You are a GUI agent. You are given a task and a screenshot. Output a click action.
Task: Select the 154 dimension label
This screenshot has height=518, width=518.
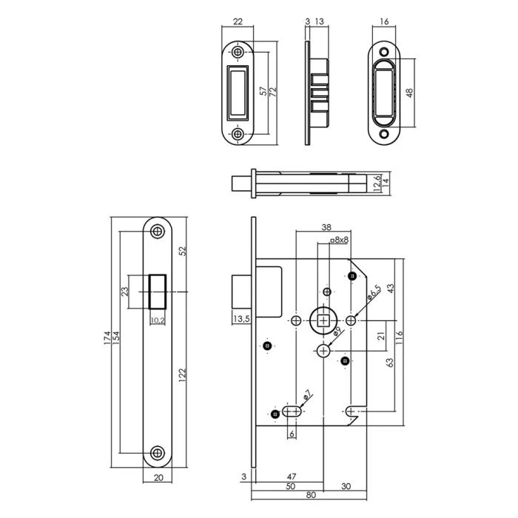tap(117, 341)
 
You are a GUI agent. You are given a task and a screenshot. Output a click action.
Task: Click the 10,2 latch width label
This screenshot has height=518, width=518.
tap(157, 320)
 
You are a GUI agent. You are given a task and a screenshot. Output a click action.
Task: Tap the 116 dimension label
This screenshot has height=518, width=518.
tap(399, 340)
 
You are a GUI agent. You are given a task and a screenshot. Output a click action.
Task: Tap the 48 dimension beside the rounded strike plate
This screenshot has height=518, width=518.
tap(410, 93)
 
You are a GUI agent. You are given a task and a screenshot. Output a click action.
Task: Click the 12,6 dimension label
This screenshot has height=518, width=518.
tap(377, 182)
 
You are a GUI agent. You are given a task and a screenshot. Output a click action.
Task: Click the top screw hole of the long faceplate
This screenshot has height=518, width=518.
tap(157, 231)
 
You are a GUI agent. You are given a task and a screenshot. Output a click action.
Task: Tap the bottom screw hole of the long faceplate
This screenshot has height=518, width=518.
tap(157, 453)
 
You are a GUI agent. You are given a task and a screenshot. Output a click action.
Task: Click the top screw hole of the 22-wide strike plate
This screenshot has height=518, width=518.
tap(238, 53)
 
